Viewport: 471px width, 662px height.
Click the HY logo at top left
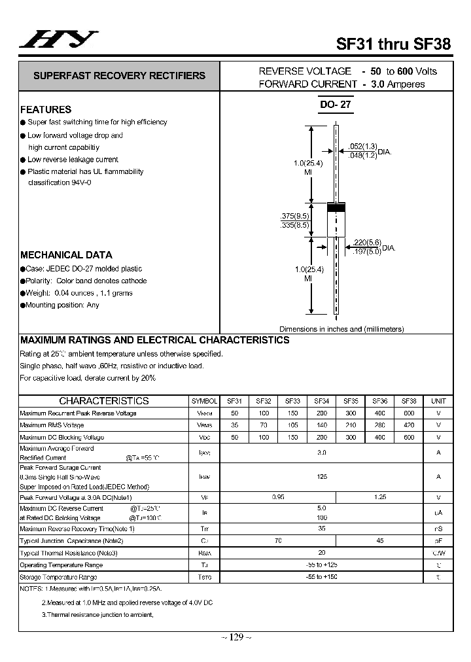(x=58, y=40)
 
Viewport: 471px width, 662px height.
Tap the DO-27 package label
(x=336, y=105)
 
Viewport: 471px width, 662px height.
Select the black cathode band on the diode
(x=336, y=208)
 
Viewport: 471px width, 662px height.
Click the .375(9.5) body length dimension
(x=294, y=216)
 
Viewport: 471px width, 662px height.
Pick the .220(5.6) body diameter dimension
(x=366, y=242)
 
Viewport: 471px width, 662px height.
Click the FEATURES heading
(x=46, y=109)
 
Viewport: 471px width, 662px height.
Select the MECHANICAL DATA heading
(x=66, y=255)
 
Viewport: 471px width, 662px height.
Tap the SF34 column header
(x=321, y=401)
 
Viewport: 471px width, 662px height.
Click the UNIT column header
(x=438, y=401)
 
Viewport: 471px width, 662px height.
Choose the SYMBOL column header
(x=205, y=401)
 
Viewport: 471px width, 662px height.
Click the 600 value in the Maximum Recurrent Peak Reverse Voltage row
(x=409, y=413)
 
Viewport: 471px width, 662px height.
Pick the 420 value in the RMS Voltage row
(x=409, y=425)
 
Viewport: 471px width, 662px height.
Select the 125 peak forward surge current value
(x=321, y=477)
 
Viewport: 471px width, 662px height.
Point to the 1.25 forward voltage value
(x=379, y=497)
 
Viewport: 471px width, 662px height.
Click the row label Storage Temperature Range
(x=58, y=577)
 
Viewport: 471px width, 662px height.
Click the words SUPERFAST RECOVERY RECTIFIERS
(x=119, y=76)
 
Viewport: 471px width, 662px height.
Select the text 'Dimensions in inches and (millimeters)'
(x=341, y=329)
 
